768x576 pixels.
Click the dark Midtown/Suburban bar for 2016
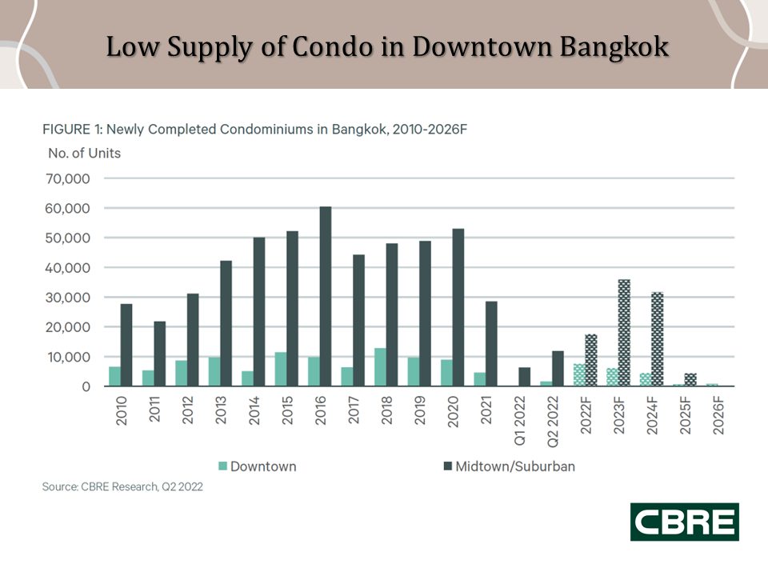(326, 297)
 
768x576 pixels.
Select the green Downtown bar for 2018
(381, 367)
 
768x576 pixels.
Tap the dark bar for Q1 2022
(525, 377)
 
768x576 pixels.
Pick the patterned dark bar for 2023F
(624, 333)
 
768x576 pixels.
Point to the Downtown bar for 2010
(115, 377)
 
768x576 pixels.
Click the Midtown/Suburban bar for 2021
(491, 344)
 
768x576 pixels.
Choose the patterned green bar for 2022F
(579, 375)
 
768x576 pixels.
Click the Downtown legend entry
(257, 466)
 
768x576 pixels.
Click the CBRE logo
(685, 522)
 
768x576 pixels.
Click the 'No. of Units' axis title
(79, 153)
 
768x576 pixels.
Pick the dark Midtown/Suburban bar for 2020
(458, 308)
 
